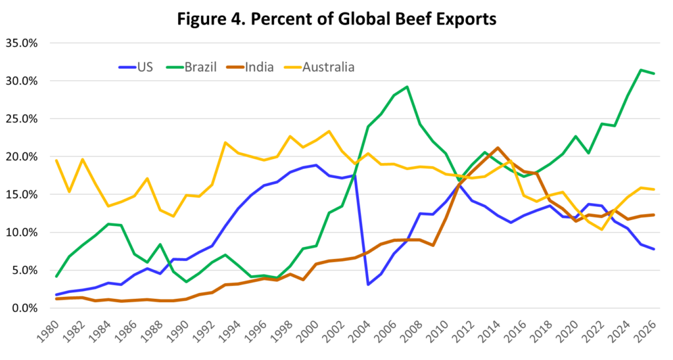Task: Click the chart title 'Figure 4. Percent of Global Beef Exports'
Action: click(x=336, y=18)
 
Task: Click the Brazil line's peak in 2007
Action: click(x=407, y=87)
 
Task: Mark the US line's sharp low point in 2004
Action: click(x=368, y=284)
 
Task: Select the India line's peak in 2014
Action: click(x=498, y=148)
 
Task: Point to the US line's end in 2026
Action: click(x=653, y=249)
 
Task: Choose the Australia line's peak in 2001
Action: click(x=329, y=131)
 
